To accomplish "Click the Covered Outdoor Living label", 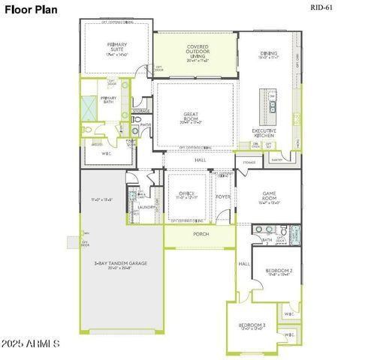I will pos(198,51).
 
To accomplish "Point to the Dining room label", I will pos(268,53).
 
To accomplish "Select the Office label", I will pos(186,195).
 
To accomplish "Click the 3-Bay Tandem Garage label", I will pos(120,264).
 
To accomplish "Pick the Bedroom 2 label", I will pos(279,270).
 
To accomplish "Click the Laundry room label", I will pos(146,207).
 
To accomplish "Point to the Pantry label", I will pos(276,160).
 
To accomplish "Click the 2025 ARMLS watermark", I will pos(32,343).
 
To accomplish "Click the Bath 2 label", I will pos(266,241).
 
